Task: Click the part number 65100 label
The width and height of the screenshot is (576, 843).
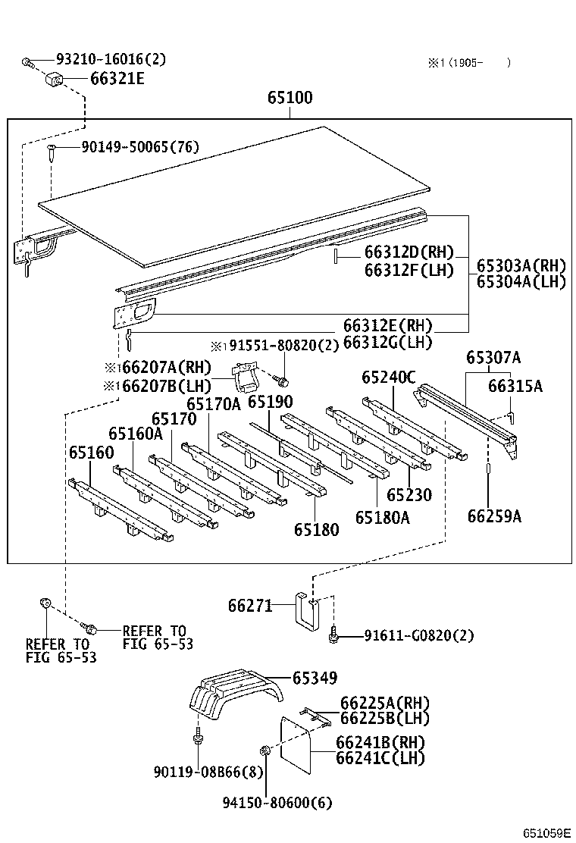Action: tap(290, 98)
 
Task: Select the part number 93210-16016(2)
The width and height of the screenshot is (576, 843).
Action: tap(111, 59)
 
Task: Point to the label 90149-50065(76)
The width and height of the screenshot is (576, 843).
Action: tap(140, 146)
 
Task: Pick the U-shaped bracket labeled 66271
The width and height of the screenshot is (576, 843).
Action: tap(306, 610)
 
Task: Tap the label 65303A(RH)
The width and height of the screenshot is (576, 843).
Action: tap(521, 266)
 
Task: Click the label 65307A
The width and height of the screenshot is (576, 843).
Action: tap(493, 357)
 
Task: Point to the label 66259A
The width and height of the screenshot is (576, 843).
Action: tap(494, 516)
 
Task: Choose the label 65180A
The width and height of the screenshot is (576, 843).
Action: tap(382, 517)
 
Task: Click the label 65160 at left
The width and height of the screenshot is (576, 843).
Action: tap(91, 453)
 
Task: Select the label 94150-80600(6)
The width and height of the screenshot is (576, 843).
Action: tap(277, 802)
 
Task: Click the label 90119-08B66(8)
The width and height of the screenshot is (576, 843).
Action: tap(197, 772)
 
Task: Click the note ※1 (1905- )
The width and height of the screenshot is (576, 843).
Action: tap(469, 63)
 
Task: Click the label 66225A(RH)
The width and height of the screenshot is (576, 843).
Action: tap(384, 704)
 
